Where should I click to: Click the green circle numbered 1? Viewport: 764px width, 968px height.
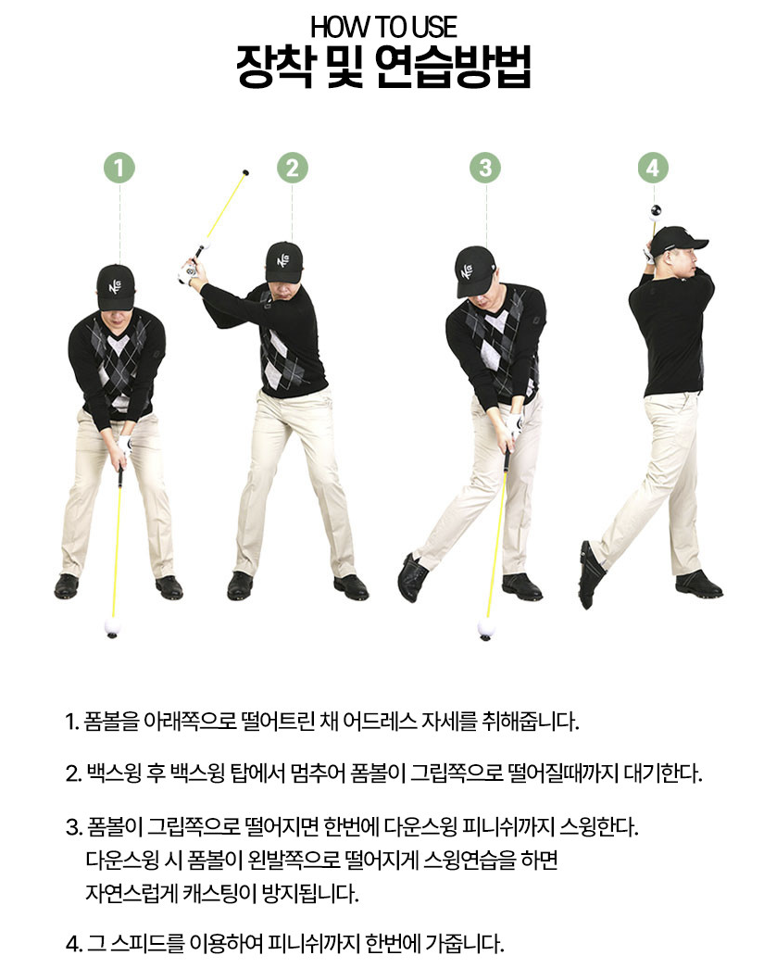point(119,168)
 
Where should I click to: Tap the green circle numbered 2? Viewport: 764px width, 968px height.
point(292,168)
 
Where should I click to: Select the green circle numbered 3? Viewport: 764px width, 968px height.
point(485,168)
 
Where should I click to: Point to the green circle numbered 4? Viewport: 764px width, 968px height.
point(653,168)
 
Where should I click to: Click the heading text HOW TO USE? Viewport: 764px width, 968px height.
point(383,27)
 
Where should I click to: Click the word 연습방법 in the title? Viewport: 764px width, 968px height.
point(452,66)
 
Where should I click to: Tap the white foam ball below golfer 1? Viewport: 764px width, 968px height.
point(112,626)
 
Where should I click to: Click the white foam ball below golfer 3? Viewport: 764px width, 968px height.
point(486,629)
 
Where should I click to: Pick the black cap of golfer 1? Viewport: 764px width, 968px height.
point(116,286)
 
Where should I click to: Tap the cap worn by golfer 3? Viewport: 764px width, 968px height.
point(474,270)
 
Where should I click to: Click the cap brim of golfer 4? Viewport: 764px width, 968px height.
point(698,244)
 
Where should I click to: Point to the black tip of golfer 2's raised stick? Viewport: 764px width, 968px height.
point(245,172)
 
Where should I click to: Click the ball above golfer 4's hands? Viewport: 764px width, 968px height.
point(656,212)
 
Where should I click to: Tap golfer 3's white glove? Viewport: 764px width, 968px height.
point(513,424)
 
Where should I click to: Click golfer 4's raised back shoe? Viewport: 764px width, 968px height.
point(591,573)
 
